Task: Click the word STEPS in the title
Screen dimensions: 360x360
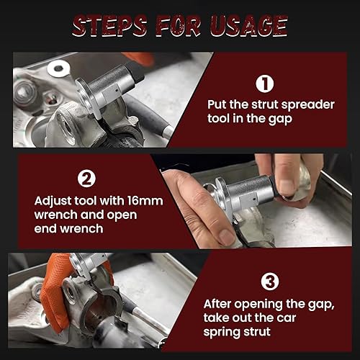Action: tap(109, 26)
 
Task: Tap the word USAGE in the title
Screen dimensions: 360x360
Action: tap(249, 26)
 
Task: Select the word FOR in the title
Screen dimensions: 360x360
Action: tap(179, 26)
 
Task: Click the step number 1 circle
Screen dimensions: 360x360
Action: tap(264, 84)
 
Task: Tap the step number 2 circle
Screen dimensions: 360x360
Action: tap(86, 179)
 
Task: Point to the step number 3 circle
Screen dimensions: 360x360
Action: tap(270, 282)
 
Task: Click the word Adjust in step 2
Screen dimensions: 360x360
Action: tap(53, 202)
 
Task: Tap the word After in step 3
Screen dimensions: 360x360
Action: tap(217, 305)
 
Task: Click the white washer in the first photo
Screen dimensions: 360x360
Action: tap(58, 68)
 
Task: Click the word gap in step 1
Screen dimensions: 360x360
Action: tap(280, 120)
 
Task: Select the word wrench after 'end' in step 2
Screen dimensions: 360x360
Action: tap(81, 228)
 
